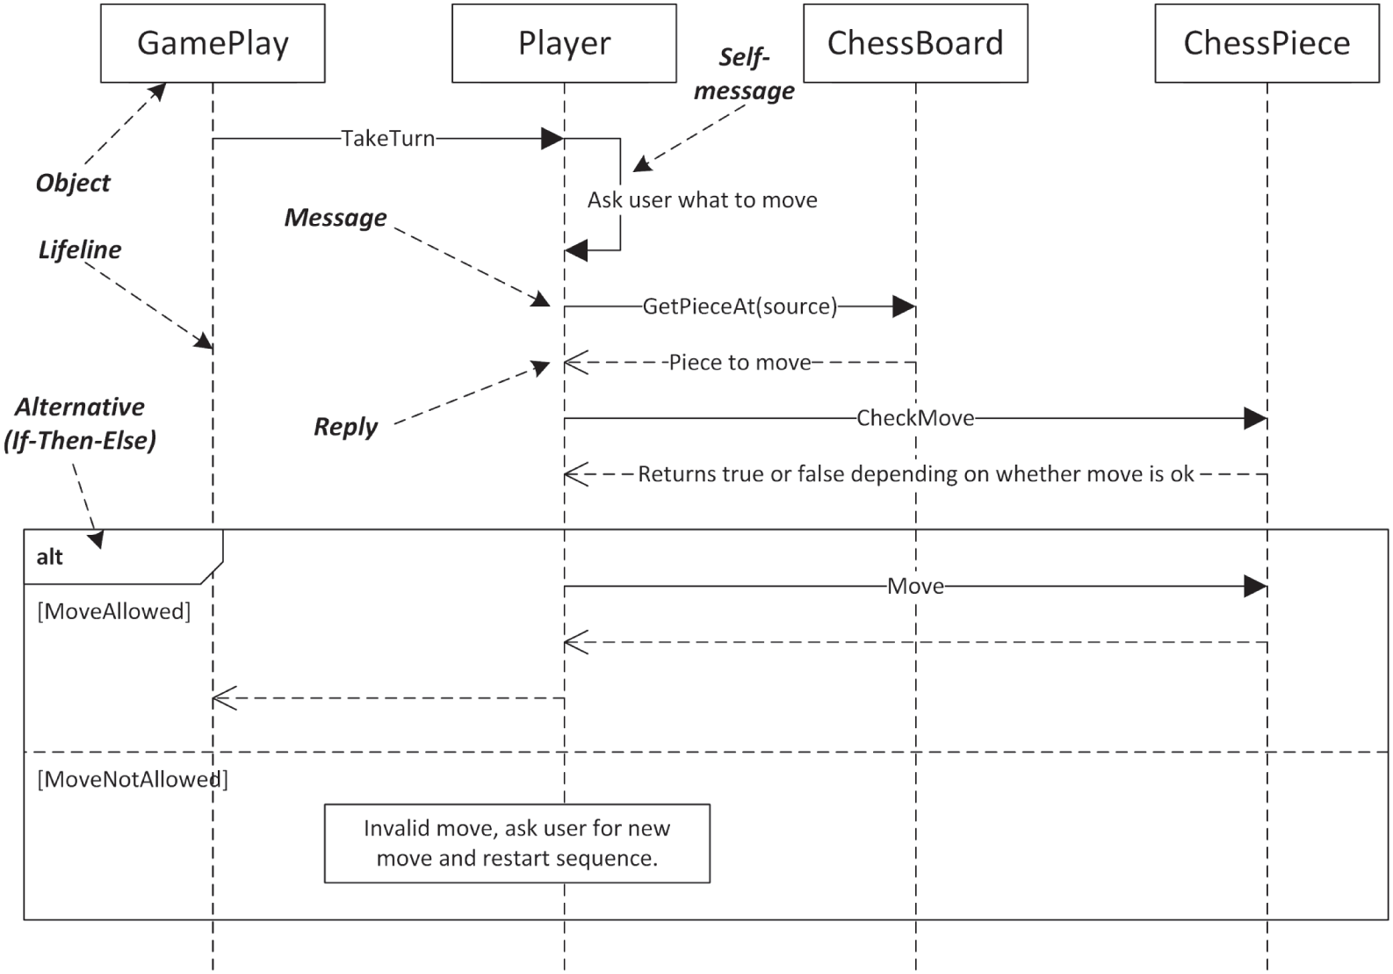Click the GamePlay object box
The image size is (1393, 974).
(x=213, y=43)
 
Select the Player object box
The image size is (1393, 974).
(x=564, y=43)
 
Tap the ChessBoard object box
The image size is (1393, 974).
(x=915, y=43)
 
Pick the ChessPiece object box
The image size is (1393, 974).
(x=1267, y=43)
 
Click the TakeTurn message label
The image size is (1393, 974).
(x=387, y=139)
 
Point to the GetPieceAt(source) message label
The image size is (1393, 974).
(x=740, y=307)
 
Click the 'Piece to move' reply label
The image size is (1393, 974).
(x=740, y=363)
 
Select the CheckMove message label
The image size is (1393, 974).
(x=915, y=418)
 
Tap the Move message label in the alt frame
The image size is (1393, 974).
(x=915, y=586)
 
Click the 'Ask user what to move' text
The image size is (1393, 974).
(x=702, y=200)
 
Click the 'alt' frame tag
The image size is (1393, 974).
(x=50, y=557)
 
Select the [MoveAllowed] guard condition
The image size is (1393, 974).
(x=113, y=611)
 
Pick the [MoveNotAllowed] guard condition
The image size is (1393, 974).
(x=132, y=779)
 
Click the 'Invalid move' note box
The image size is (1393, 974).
(x=516, y=843)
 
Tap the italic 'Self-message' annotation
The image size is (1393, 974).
(x=744, y=74)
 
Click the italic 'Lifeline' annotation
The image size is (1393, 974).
(x=79, y=250)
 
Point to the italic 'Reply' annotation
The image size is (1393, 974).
(x=345, y=427)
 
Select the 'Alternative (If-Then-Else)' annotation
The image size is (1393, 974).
(x=79, y=423)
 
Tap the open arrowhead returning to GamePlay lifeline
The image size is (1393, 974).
(x=223, y=699)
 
